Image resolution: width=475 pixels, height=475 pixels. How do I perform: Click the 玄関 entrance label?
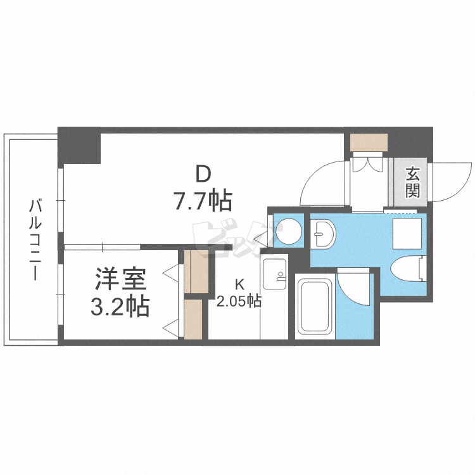(412, 182)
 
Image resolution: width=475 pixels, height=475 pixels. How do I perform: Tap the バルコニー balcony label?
(35, 239)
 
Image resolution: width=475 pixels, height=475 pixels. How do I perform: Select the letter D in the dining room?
(203, 174)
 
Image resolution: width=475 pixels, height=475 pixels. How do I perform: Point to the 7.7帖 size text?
(203, 200)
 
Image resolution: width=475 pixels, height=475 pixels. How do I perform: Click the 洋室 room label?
(120, 279)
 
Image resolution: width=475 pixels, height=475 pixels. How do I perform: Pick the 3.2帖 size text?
(120, 306)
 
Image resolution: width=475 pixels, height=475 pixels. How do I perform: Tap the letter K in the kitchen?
(239, 284)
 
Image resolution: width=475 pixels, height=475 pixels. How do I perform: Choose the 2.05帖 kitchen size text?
(239, 301)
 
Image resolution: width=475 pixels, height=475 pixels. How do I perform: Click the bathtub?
(315, 307)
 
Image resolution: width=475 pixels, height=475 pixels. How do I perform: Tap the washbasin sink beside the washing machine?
(323, 233)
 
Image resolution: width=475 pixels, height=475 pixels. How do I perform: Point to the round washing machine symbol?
(289, 231)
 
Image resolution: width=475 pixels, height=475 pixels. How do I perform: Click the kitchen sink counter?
(274, 274)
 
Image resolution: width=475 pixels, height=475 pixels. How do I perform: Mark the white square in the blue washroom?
(407, 234)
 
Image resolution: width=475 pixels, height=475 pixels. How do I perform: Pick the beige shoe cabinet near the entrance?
(369, 142)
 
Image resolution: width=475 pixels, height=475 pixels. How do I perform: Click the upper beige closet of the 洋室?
(196, 272)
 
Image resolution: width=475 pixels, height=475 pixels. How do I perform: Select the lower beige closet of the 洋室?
(193, 319)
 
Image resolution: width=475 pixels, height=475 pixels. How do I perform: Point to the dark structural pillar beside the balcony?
(79, 146)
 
